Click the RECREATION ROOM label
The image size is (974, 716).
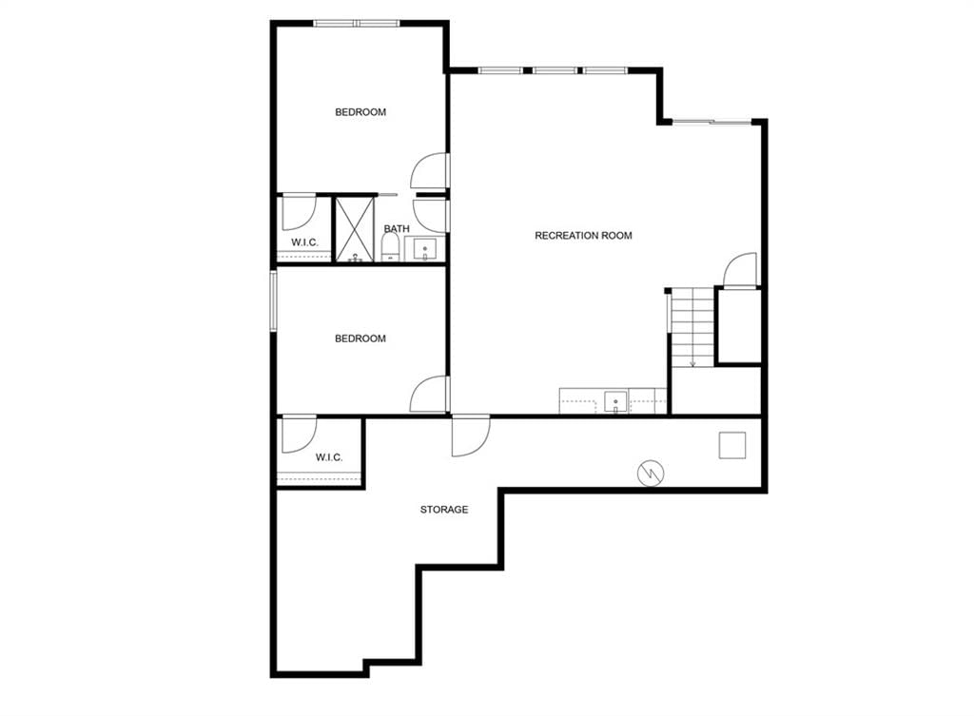coord(583,236)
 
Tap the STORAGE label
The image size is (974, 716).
coord(444,510)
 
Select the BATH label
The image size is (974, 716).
coord(397,228)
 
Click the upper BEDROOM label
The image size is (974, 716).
coord(360,112)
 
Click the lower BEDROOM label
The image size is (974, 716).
coord(360,339)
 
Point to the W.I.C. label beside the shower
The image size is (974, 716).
coord(304,242)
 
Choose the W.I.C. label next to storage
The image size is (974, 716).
coord(328,457)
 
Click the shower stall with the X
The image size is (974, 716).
coord(356,229)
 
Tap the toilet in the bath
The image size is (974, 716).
coord(390,247)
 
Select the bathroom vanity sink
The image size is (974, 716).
coord(425,249)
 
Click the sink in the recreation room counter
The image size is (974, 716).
coord(615,402)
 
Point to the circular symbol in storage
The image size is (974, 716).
coord(651,474)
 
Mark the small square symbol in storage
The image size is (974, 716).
coord(732,445)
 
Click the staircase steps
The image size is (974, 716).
coord(692,327)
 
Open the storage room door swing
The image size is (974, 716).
coord(471,435)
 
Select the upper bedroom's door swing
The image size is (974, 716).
coord(430,171)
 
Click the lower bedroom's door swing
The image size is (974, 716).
coord(429,394)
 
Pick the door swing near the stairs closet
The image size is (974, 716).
coord(740,269)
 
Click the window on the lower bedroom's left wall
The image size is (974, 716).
coord(273,301)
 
